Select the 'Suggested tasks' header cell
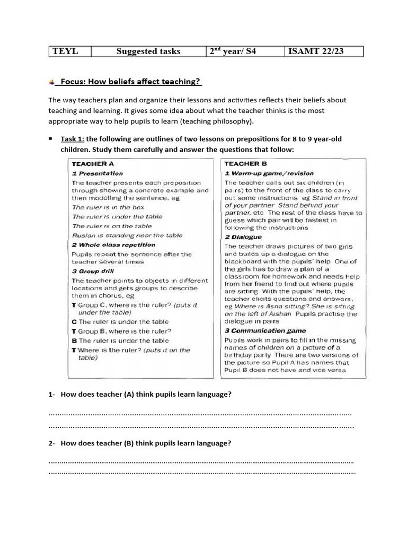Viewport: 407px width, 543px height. (x=148, y=51)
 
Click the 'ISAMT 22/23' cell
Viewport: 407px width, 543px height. (x=316, y=51)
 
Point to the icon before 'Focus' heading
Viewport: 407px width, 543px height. (x=51, y=82)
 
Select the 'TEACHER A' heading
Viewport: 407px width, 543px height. (x=93, y=164)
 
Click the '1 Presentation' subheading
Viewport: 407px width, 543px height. (x=97, y=173)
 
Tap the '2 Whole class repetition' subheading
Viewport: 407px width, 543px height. (x=113, y=245)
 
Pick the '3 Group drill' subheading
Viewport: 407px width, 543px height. (x=93, y=271)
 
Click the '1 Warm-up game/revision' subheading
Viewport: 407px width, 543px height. (x=269, y=173)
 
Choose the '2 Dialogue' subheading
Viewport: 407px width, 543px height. (x=243, y=238)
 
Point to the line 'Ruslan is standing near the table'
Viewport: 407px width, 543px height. (x=127, y=235)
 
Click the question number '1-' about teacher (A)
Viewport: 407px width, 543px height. (x=52, y=395)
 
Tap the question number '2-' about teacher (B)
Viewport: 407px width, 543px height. (x=52, y=443)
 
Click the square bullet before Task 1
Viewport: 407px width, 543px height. (x=50, y=139)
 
